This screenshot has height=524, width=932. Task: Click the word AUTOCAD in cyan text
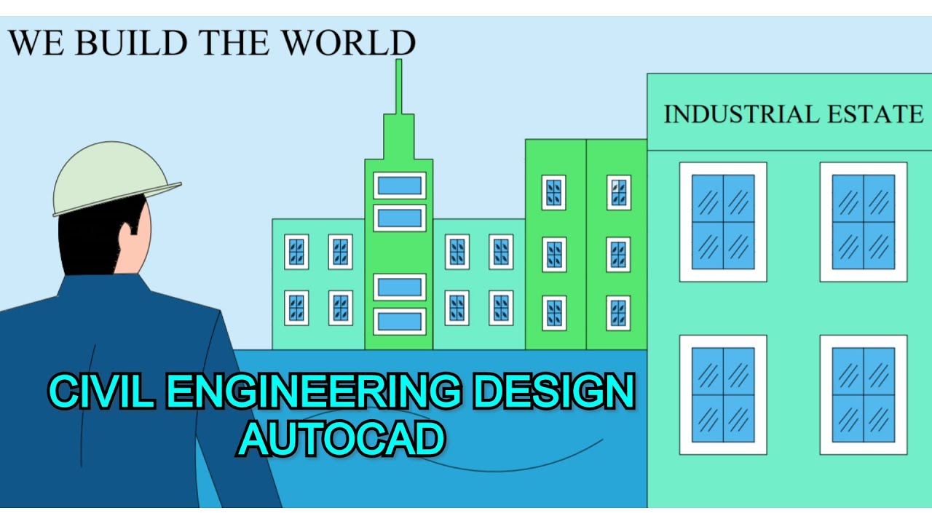click(341, 440)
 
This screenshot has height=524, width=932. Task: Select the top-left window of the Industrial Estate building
click(723, 222)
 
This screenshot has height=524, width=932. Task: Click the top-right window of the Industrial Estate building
click(864, 222)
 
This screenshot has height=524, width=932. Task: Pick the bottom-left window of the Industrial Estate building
click(723, 394)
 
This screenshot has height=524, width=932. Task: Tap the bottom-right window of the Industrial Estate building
click(864, 394)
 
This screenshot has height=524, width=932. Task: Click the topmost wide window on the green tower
click(399, 186)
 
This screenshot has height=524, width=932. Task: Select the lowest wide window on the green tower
click(399, 321)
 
